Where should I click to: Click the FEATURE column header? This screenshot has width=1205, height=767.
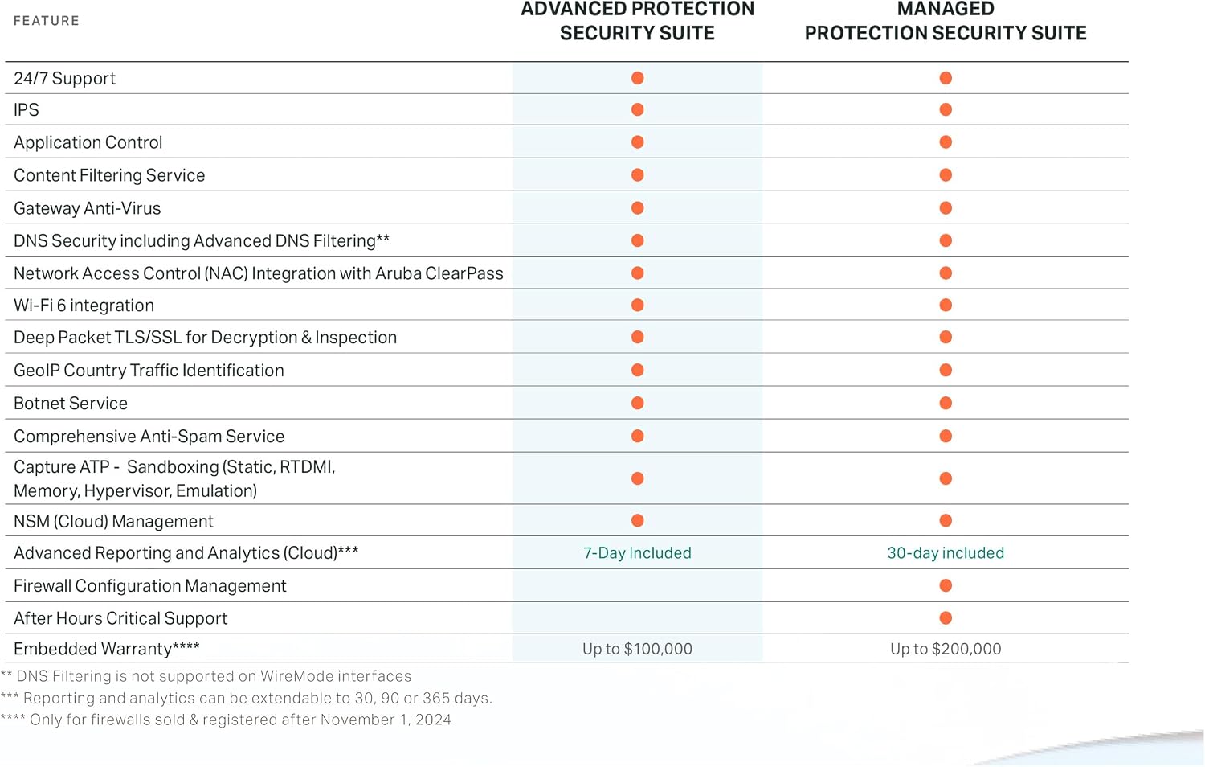pyautogui.click(x=47, y=21)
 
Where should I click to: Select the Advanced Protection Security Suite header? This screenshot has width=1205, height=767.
pyautogui.click(x=638, y=21)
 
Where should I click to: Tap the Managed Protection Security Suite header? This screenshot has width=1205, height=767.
pyautogui.click(x=946, y=21)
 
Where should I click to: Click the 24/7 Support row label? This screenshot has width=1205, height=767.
pyautogui.click(x=64, y=79)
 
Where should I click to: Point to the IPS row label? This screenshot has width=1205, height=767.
pyautogui.click(x=27, y=110)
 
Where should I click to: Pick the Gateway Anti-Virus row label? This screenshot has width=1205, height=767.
pyautogui.click(x=87, y=208)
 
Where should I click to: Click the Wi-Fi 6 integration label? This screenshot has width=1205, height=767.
pyautogui.click(x=84, y=306)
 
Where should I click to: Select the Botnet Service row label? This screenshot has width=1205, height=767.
pyautogui.click(x=71, y=403)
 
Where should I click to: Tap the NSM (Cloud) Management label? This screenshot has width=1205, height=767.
pyautogui.click(x=113, y=521)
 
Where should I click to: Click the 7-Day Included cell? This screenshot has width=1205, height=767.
pyautogui.click(x=638, y=553)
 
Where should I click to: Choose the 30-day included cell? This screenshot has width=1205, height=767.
pyautogui.click(x=946, y=553)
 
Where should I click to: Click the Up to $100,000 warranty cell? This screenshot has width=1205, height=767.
pyautogui.click(x=638, y=649)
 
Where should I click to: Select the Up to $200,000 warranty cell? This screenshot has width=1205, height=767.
pyautogui.click(x=946, y=649)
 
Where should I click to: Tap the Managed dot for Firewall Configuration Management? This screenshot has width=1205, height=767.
pyautogui.click(x=946, y=585)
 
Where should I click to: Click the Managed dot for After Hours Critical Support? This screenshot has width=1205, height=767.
pyautogui.click(x=946, y=618)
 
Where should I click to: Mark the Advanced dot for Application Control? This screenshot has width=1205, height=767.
pyautogui.click(x=638, y=142)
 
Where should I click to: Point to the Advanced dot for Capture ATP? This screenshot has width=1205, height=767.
pyautogui.click(x=638, y=478)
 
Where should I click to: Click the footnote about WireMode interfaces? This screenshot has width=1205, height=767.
pyautogui.click(x=206, y=676)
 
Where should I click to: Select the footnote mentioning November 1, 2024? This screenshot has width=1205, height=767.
pyautogui.click(x=226, y=720)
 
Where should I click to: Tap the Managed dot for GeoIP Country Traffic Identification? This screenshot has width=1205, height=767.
pyautogui.click(x=946, y=371)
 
